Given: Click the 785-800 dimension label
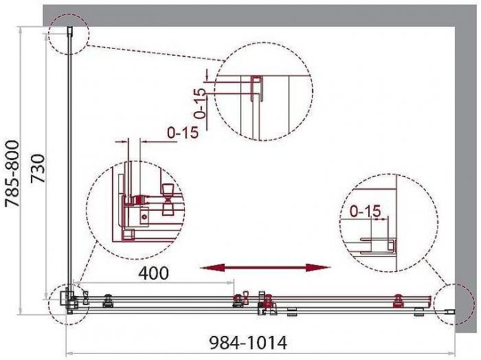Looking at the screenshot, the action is click(x=13, y=174).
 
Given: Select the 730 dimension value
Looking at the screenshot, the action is click(x=38, y=168).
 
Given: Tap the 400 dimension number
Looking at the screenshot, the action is click(x=154, y=273).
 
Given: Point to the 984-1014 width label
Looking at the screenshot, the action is click(x=248, y=342).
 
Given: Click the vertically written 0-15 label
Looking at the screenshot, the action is click(x=200, y=103).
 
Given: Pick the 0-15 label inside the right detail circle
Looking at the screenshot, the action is click(x=366, y=211).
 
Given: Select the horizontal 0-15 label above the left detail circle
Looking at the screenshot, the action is click(x=183, y=132).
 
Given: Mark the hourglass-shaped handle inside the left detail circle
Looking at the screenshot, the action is click(x=168, y=200).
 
